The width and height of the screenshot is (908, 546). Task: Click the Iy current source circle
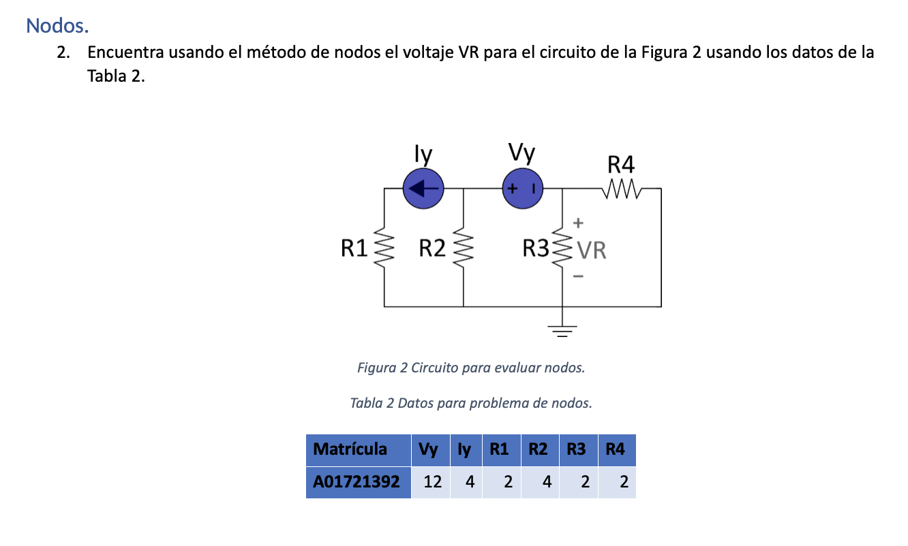point(423,189)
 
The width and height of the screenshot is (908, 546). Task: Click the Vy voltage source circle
point(523,189)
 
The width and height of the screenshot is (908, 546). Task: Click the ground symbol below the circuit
point(562,332)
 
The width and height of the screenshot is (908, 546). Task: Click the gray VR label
point(592,251)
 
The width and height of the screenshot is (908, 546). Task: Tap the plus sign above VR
point(578,223)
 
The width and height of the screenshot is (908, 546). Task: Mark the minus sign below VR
point(578,276)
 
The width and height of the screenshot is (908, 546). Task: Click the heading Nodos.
point(57,26)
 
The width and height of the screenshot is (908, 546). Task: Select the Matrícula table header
point(350,449)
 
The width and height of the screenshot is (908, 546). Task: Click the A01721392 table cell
point(357,482)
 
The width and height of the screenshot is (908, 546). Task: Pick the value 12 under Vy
point(432,482)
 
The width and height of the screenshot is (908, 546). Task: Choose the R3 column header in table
point(577,449)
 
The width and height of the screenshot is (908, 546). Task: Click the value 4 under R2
point(547,482)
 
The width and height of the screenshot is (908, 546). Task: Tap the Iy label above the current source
point(423,155)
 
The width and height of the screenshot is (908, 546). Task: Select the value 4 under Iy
point(470,482)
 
